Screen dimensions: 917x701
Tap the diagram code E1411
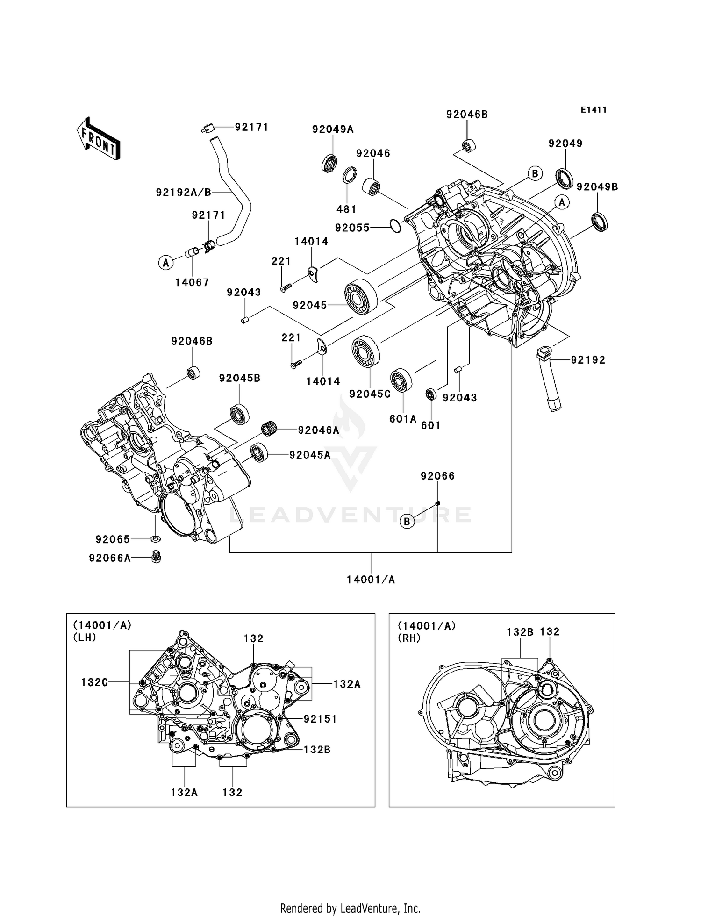(x=594, y=110)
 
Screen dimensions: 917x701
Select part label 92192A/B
(x=184, y=192)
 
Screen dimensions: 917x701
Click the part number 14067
(x=192, y=282)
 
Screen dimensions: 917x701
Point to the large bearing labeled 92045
(x=361, y=297)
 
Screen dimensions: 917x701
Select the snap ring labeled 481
(x=348, y=176)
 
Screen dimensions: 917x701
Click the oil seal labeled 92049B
(x=600, y=222)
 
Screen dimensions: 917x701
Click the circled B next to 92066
(x=407, y=521)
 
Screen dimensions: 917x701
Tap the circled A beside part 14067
(x=165, y=263)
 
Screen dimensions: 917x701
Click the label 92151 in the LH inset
(x=320, y=719)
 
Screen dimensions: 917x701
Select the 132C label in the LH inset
(x=95, y=682)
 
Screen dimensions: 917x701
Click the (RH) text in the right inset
(x=409, y=638)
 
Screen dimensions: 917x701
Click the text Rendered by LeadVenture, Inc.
(x=350, y=908)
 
